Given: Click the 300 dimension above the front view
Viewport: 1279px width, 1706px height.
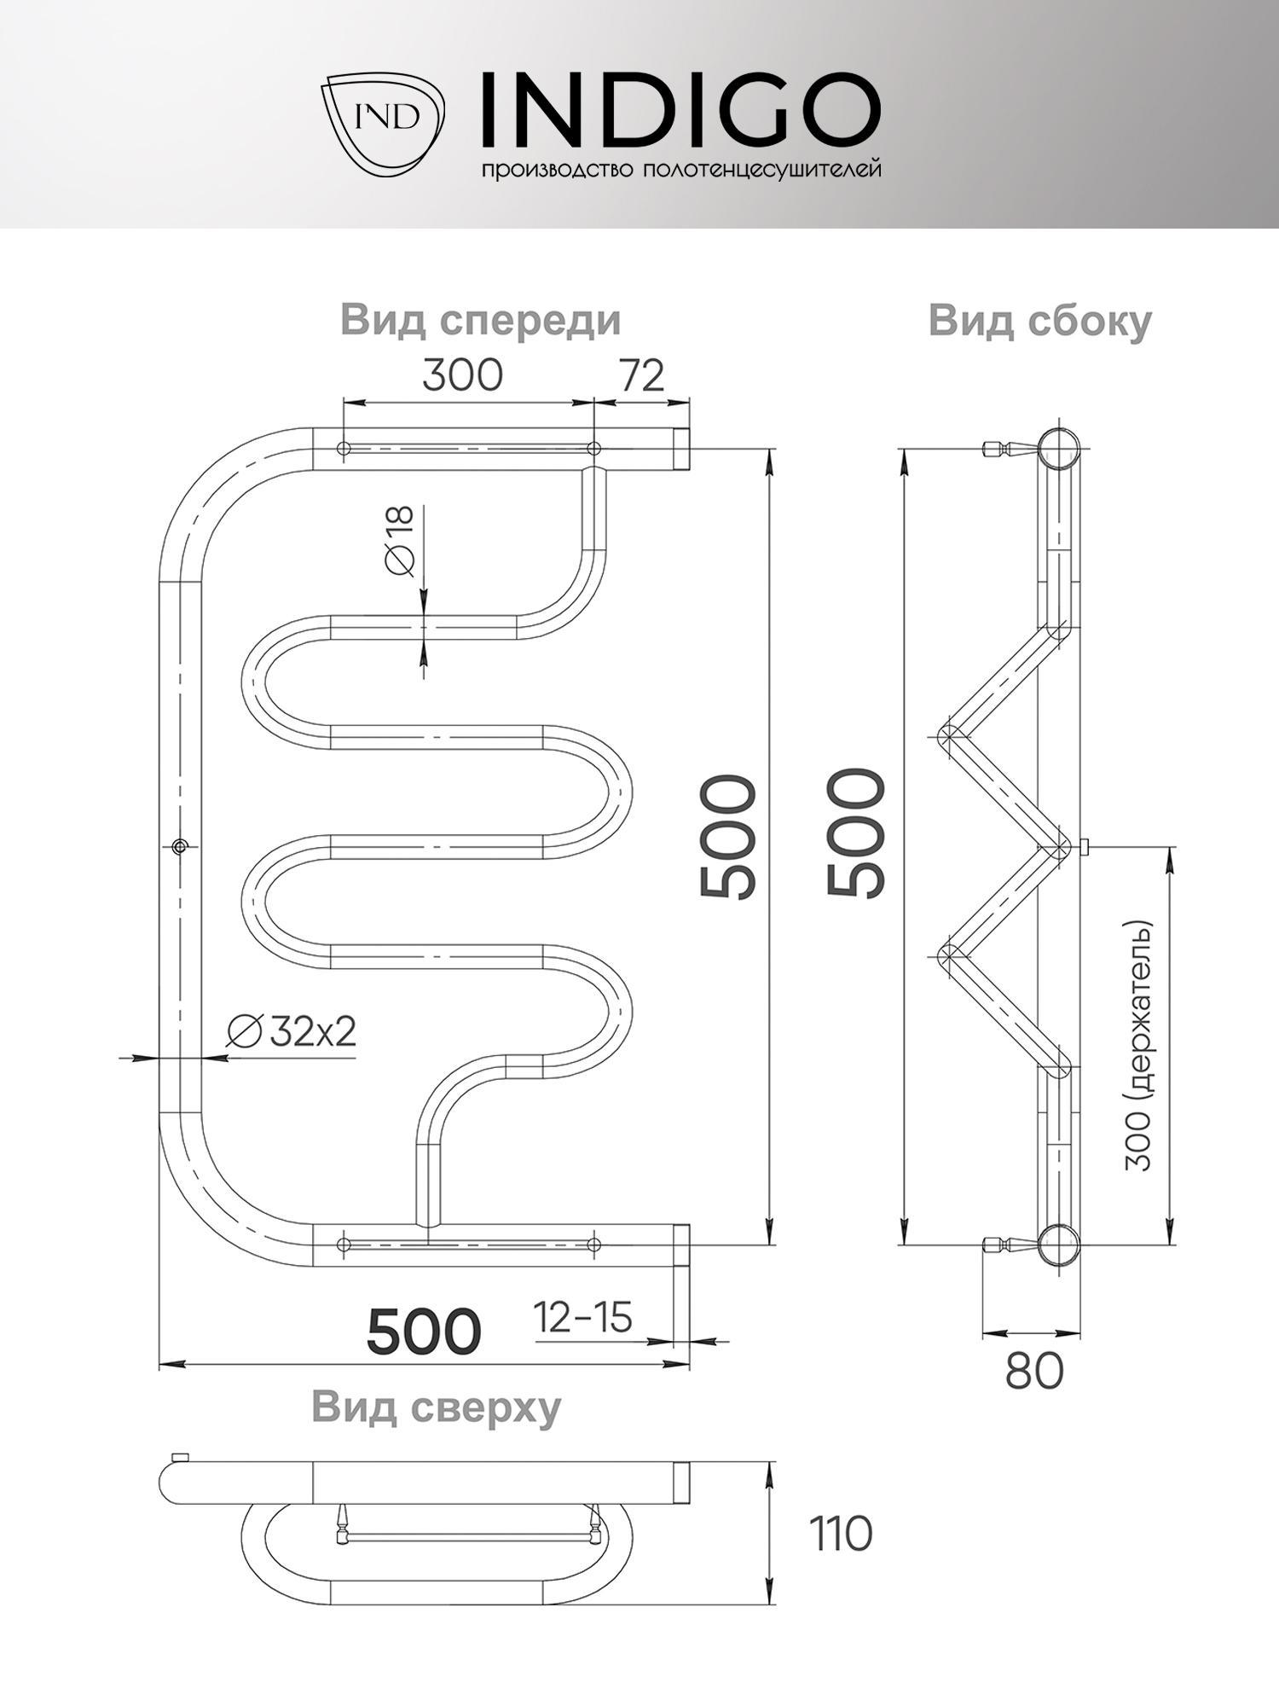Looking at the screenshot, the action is pyautogui.click(x=463, y=374).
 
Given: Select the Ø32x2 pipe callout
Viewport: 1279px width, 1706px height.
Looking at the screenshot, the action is pyautogui.click(x=291, y=1033).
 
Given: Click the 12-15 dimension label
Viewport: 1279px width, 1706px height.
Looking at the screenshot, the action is pyautogui.click(x=583, y=1317).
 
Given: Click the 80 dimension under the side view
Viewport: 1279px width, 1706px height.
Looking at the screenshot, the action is pyautogui.click(x=1034, y=1372).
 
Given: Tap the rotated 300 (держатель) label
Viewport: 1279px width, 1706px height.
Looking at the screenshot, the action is pyautogui.click(x=1139, y=1046).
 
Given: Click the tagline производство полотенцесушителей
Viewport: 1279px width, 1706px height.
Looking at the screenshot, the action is pyautogui.click(x=681, y=170).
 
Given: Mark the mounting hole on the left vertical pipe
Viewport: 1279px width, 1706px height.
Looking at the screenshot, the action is pyautogui.click(x=179, y=846).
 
